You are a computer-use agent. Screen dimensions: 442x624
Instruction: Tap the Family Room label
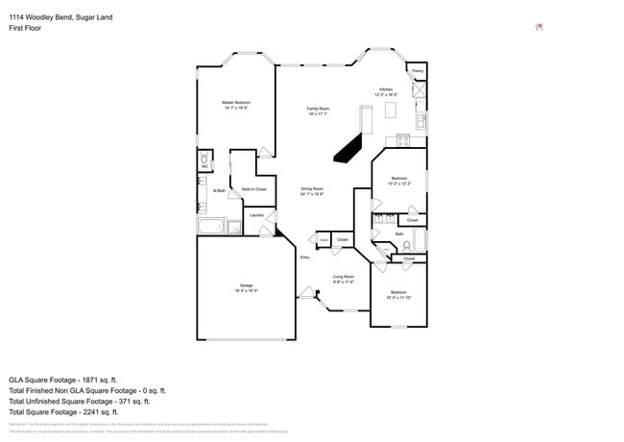[318, 109]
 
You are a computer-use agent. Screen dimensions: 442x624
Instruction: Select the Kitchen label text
[386, 89]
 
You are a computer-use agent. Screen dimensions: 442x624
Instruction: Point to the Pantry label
[418, 71]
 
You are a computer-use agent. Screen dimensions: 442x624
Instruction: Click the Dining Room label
[312, 188]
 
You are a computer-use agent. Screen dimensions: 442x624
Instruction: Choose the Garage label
[246, 285]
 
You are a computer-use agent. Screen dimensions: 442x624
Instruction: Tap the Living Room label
[344, 277]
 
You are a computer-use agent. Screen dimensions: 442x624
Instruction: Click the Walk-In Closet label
[254, 189]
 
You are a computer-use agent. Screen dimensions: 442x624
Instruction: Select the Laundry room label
[256, 215]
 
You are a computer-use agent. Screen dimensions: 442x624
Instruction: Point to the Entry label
[304, 257]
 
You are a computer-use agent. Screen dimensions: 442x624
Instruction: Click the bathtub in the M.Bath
[210, 227]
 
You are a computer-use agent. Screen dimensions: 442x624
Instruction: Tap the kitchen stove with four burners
[403, 140]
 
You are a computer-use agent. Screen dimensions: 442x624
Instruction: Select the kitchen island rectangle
[391, 111]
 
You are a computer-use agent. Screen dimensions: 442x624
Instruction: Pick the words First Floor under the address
[24, 29]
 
